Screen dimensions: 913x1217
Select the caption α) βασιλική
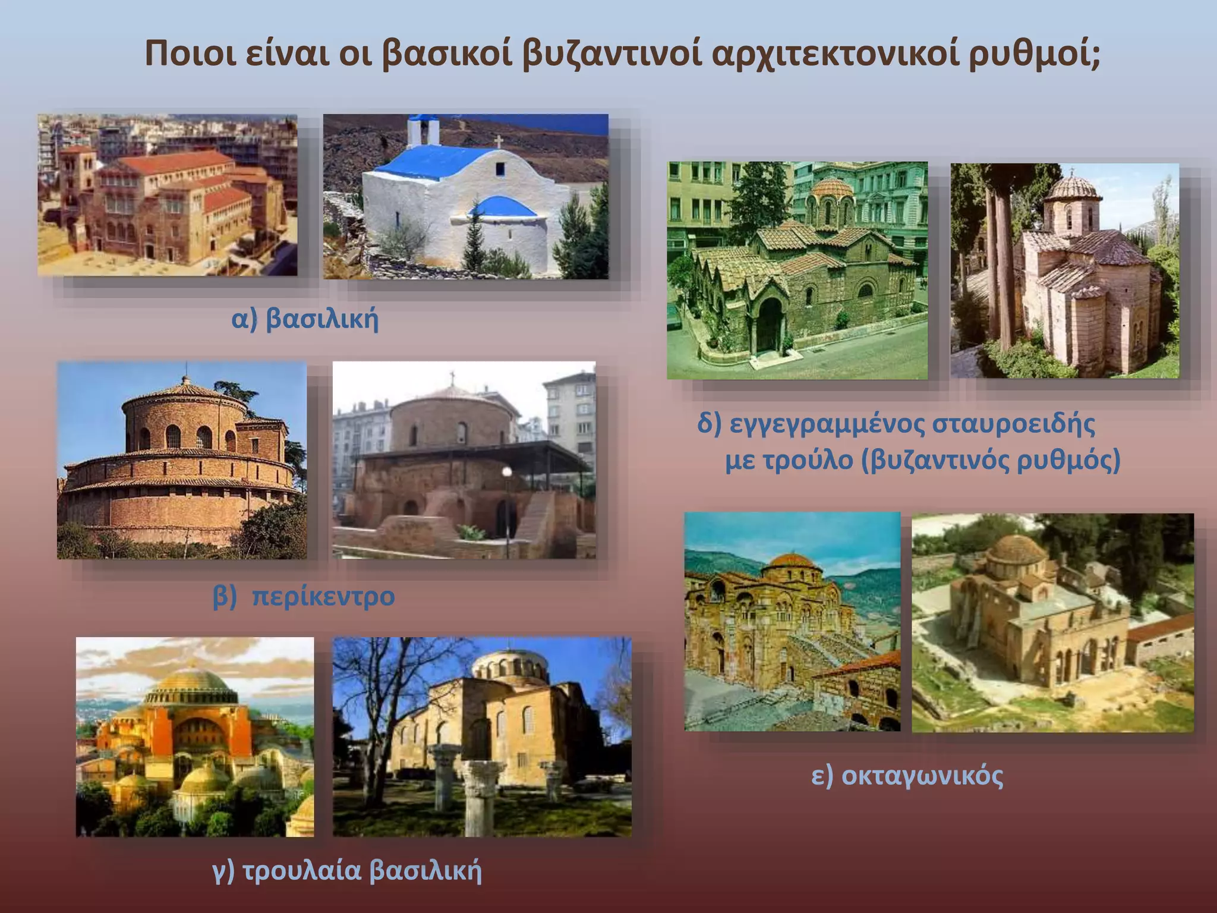click(x=305, y=319)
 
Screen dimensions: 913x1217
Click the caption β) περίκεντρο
click(x=304, y=596)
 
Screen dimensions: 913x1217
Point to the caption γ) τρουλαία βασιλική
click(x=347, y=870)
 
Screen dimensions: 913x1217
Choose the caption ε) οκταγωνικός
click(x=907, y=776)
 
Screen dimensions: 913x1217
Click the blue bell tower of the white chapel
click(x=424, y=131)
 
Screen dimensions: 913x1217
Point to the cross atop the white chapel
click(x=499, y=141)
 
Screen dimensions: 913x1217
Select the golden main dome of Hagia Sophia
click(x=192, y=684)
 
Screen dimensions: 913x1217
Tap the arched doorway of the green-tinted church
click(x=770, y=324)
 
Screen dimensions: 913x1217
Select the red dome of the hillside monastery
click(x=791, y=562)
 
